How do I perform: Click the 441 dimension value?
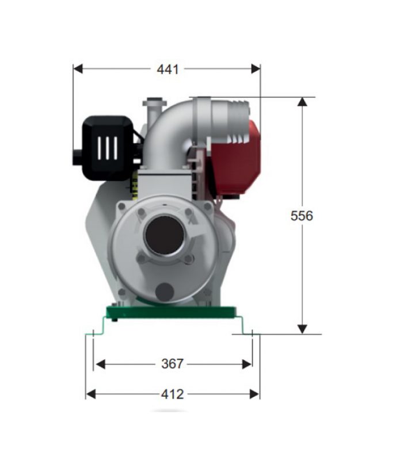pos(167,69)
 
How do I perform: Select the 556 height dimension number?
pos(302,216)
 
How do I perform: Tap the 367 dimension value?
pos(173,364)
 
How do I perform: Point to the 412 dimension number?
pos(173,394)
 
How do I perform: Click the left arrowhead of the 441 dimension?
pos(78,69)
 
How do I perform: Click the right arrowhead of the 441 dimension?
pos(256,69)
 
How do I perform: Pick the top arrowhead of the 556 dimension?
pos(302,102)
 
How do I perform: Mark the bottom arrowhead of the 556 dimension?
pos(302,329)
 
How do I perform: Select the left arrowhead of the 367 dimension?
pos(101,365)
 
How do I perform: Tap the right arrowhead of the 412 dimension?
pos(254,394)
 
